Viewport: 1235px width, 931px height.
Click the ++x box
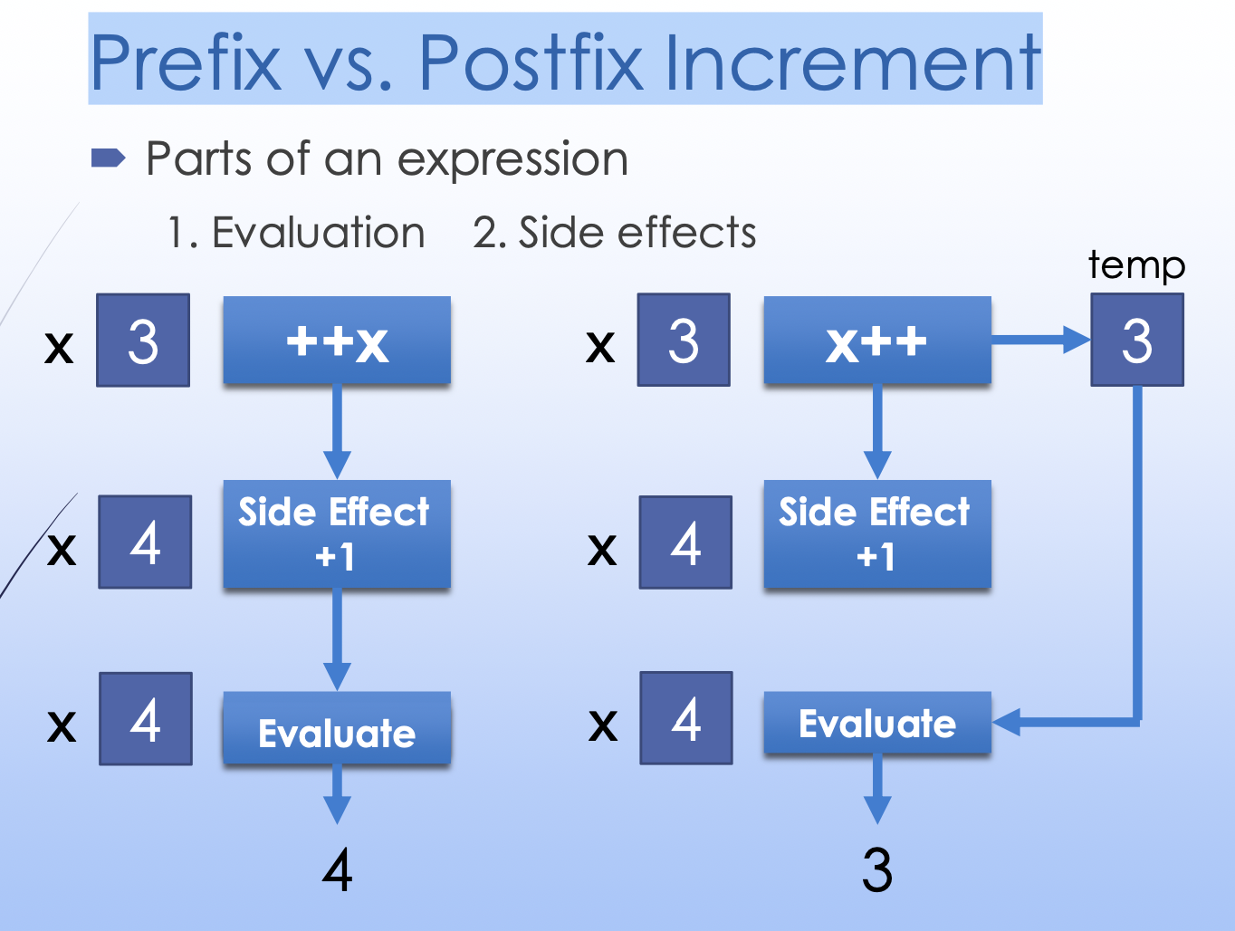(337, 341)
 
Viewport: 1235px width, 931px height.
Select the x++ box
(877, 341)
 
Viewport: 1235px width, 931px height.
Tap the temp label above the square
(1136, 265)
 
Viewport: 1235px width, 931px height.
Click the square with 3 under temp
(1137, 340)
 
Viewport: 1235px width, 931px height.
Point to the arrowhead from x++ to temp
(1077, 340)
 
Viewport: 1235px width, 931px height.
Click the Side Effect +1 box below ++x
(337, 533)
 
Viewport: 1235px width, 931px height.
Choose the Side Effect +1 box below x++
(877, 533)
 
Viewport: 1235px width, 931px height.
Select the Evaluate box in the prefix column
(337, 727)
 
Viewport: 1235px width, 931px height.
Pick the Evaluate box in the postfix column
(877, 723)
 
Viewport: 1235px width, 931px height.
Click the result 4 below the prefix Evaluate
(337, 869)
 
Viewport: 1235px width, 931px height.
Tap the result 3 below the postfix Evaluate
(877, 869)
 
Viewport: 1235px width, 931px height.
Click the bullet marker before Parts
(108, 158)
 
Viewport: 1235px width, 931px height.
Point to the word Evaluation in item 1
(318, 233)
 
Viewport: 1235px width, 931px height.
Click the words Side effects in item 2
(637, 233)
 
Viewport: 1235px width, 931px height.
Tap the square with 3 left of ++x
(143, 341)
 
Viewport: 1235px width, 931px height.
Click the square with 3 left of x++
(684, 340)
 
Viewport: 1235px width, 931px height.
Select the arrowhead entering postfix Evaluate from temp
(1006, 722)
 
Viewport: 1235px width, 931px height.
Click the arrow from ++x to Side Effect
(337, 431)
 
